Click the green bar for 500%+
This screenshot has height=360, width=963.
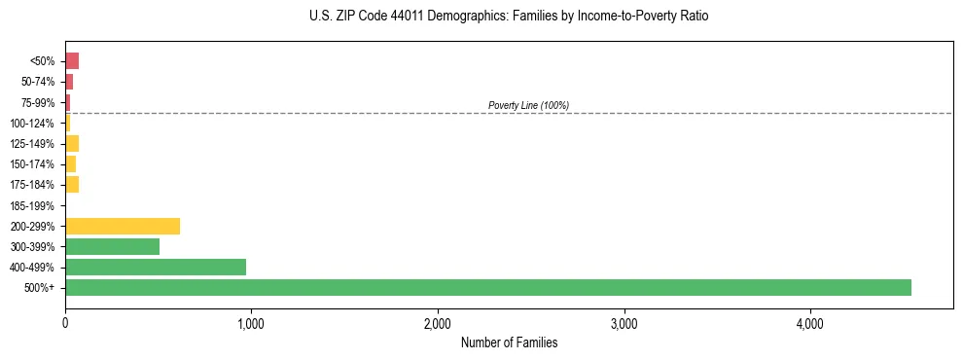pos(487,287)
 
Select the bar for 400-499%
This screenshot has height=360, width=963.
pos(156,267)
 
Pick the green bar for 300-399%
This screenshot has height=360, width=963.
pos(112,246)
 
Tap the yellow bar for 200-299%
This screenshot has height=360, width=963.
pos(123,226)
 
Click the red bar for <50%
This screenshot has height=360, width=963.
pos(72,61)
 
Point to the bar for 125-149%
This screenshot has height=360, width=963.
pos(72,144)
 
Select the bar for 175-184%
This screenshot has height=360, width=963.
pos(72,185)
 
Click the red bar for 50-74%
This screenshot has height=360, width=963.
pos(69,82)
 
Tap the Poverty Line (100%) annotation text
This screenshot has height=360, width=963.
pos(528,105)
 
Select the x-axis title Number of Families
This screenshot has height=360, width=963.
pos(509,342)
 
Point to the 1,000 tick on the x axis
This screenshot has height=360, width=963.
pos(251,323)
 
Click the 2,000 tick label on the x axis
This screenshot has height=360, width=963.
pos(437,323)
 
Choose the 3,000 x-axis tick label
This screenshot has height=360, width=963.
pos(624,323)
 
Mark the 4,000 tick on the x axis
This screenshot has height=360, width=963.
pos(809,323)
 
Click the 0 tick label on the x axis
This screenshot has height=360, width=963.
pos(65,323)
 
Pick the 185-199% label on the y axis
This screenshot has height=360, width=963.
pos(32,205)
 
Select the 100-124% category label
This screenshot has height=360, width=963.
pos(32,124)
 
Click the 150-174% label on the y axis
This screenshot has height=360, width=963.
pos(32,164)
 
